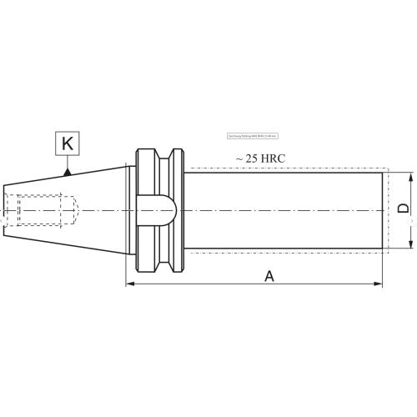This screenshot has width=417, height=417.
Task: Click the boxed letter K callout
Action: click(68, 143)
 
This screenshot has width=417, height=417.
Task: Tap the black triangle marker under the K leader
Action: click(68, 173)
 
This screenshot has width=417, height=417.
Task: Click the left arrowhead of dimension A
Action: click(130, 284)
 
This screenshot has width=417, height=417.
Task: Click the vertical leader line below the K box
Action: click(68, 163)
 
